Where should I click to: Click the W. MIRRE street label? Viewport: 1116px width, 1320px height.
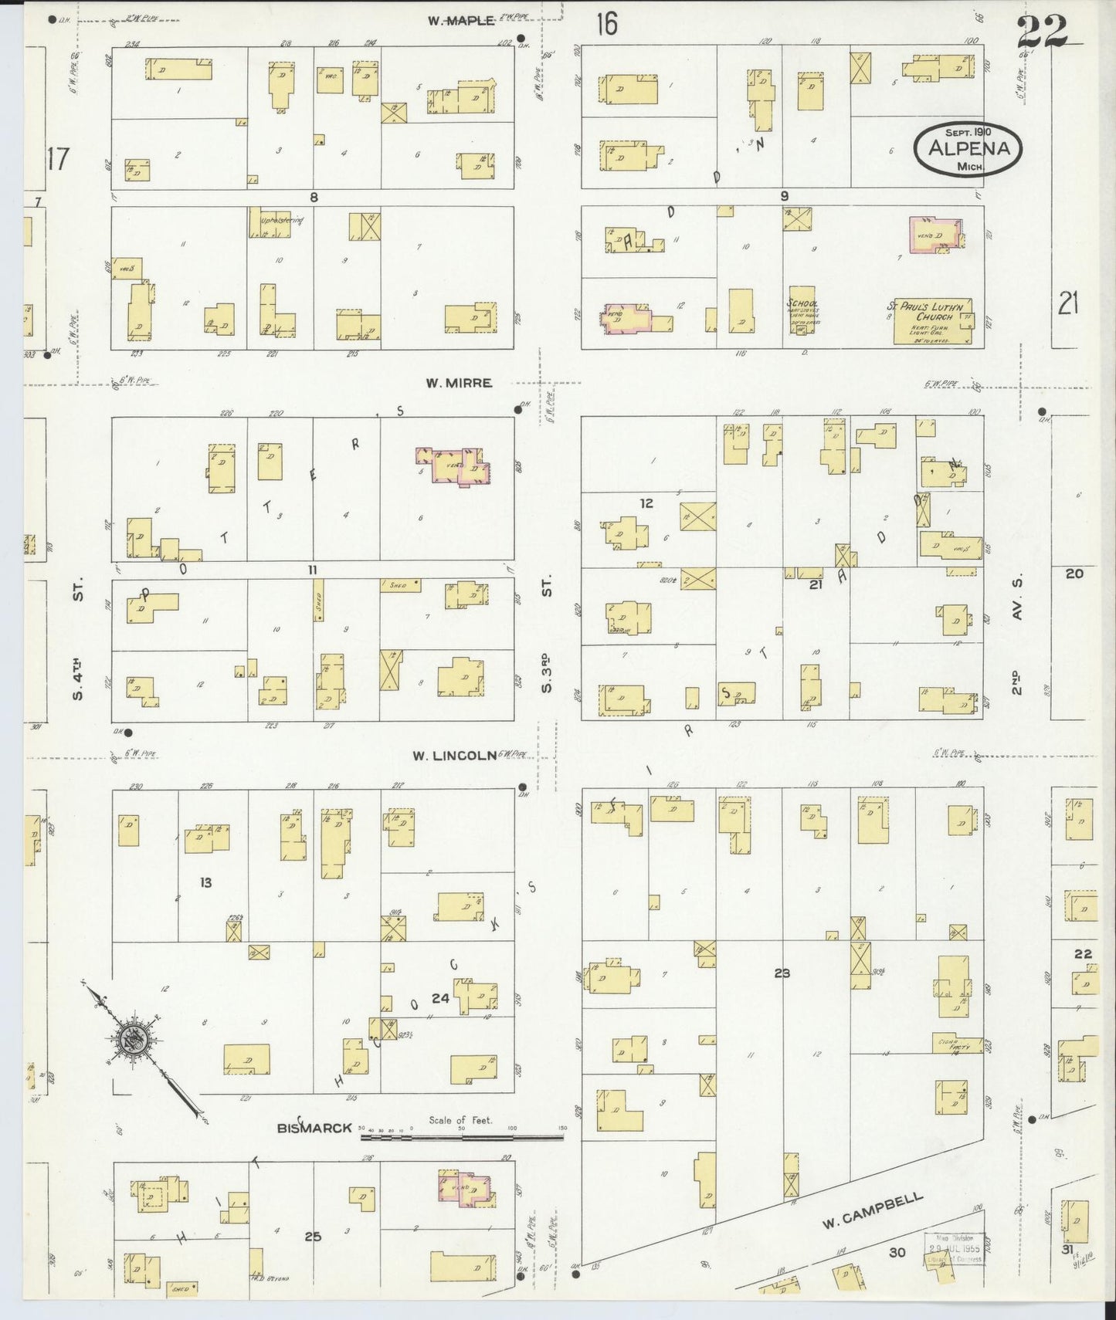point(459,383)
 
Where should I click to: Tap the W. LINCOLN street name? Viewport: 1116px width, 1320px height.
point(453,756)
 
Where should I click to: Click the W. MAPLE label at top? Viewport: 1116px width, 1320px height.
point(461,21)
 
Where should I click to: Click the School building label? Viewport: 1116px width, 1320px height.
point(802,304)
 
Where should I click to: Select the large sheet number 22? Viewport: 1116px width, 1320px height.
point(1041,32)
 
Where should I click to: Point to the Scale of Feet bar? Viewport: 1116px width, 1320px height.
point(462,1134)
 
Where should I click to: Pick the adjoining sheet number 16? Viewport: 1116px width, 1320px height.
point(606,25)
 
